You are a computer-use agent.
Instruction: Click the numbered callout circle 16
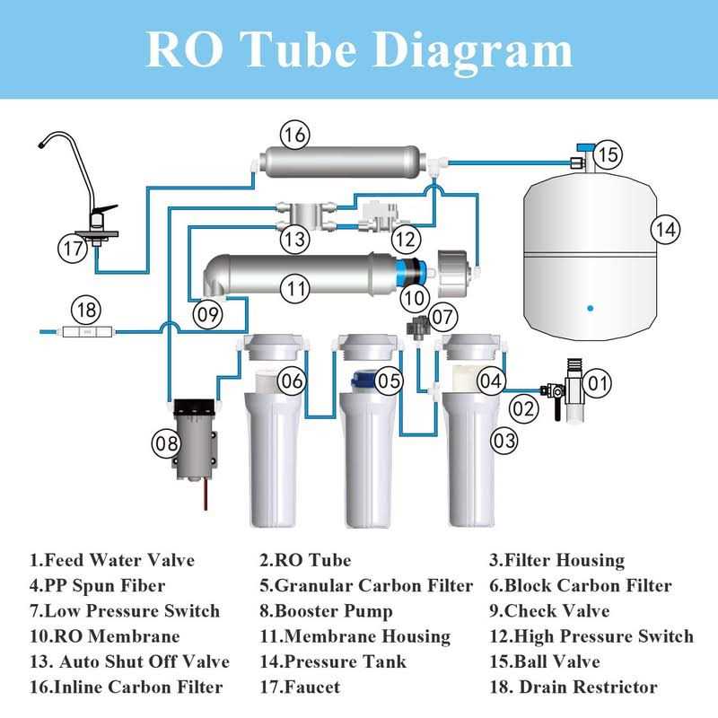[293, 136]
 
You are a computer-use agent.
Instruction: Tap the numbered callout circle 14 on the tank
[664, 229]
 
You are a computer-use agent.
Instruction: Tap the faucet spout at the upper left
[54, 144]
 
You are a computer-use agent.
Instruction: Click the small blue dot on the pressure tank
[590, 308]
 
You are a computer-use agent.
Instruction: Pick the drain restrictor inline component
[86, 332]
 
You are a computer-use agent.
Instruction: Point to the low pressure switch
[418, 325]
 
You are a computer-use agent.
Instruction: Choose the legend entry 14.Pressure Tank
[333, 662]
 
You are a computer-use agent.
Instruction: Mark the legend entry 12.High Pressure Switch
[591, 636]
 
